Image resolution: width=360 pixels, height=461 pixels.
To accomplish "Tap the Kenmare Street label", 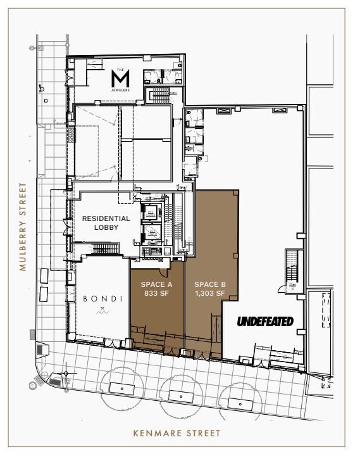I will (x=177, y=434).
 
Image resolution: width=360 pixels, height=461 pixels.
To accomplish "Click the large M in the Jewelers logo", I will (x=120, y=79).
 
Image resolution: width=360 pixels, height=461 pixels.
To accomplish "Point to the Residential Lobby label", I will (x=106, y=223).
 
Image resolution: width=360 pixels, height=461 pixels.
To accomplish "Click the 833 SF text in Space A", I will (x=157, y=293).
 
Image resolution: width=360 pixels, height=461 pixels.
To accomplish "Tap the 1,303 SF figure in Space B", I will (x=210, y=293).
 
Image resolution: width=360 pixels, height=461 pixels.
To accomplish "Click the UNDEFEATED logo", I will (x=265, y=322).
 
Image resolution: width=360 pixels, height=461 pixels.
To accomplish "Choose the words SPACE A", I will (x=157, y=284).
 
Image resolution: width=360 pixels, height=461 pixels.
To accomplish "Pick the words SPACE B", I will (x=210, y=284).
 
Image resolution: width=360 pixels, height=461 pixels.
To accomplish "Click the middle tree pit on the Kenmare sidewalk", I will (x=181, y=396).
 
